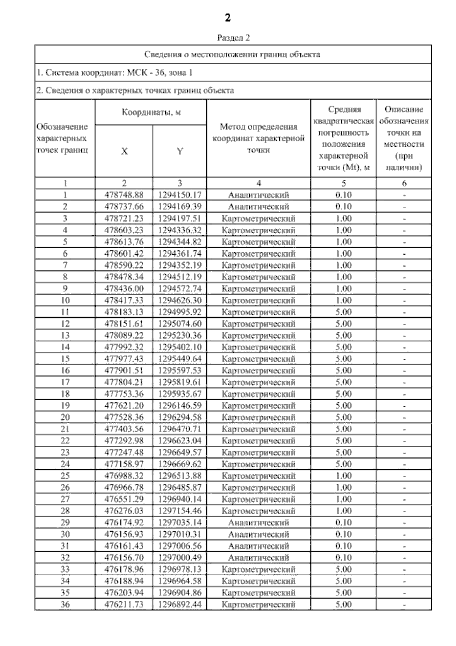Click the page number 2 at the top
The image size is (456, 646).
(228, 18)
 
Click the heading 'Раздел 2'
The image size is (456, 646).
(233, 38)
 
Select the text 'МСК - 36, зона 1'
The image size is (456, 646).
(160, 73)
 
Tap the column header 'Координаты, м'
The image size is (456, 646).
(151, 112)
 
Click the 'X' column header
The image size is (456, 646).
(124, 151)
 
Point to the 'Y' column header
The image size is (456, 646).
(180, 151)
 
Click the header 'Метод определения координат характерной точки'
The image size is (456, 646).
(258, 138)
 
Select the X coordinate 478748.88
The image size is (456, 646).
(124, 195)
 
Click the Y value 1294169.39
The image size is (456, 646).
(180, 207)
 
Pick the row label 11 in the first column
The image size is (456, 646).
(65, 312)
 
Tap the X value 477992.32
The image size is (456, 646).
(124, 347)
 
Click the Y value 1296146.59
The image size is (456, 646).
(180, 406)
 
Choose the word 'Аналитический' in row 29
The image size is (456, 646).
(258, 523)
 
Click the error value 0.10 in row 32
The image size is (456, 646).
(344, 558)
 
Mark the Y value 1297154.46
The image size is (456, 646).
(180, 511)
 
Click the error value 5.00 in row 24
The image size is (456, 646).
(344, 464)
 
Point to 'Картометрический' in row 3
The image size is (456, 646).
(258, 218)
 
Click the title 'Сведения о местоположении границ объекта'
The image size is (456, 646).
(232, 54)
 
